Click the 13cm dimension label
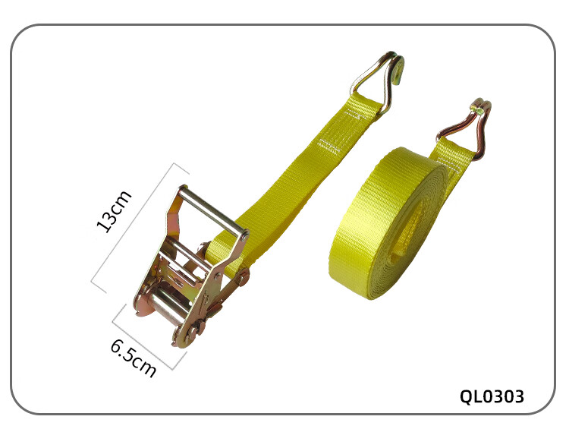click(x=114, y=211)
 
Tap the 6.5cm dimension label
click(x=134, y=358)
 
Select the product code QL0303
click(x=492, y=396)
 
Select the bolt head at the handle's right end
click(x=245, y=236)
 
